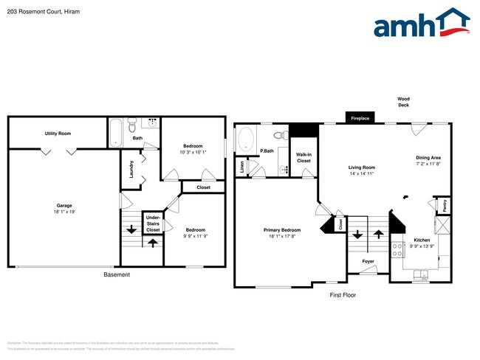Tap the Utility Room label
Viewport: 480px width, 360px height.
tap(58, 134)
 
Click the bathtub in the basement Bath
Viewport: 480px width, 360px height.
tap(116, 134)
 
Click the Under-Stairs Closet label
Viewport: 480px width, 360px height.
tap(153, 224)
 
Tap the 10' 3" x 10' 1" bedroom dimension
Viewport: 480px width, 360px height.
tap(193, 153)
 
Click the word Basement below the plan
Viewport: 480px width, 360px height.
tap(116, 274)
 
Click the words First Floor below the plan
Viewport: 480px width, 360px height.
tap(343, 294)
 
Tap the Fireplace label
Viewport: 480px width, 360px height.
tap(360, 118)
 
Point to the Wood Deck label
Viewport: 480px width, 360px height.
tap(403, 102)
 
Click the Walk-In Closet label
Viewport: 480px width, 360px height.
tap(304, 157)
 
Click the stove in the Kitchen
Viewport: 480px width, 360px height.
tap(397, 249)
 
